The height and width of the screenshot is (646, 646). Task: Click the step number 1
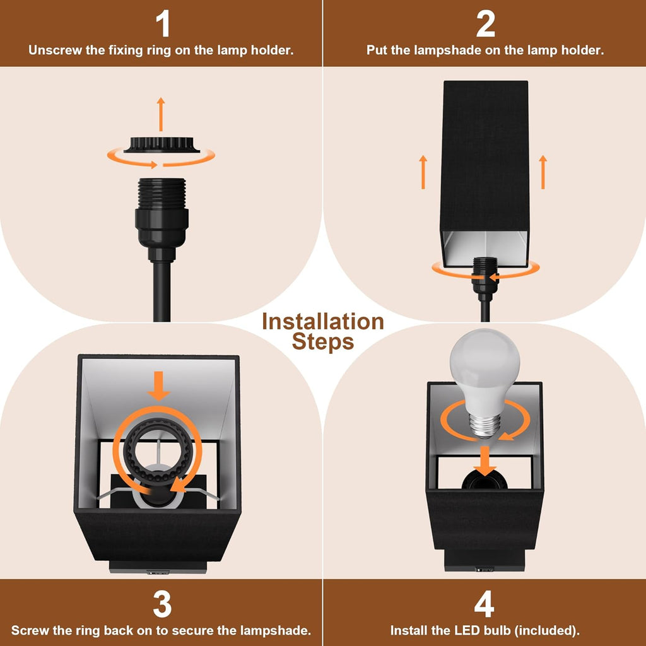click(x=162, y=24)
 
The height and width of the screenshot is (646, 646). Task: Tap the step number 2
click(x=484, y=24)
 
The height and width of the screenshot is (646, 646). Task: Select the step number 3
click(x=162, y=605)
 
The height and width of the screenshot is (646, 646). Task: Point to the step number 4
click(x=484, y=605)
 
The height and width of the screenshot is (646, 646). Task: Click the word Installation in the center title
click(x=323, y=322)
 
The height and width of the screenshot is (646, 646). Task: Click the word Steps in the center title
click(x=323, y=342)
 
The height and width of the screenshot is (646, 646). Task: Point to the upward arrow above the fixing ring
click(x=160, y=114)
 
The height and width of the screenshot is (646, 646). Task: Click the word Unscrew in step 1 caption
click(x=55, y=50)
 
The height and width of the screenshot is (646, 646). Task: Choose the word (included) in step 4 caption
click(x=545, y=630)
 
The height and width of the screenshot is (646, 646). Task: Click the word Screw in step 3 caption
click(x=28, y=630)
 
